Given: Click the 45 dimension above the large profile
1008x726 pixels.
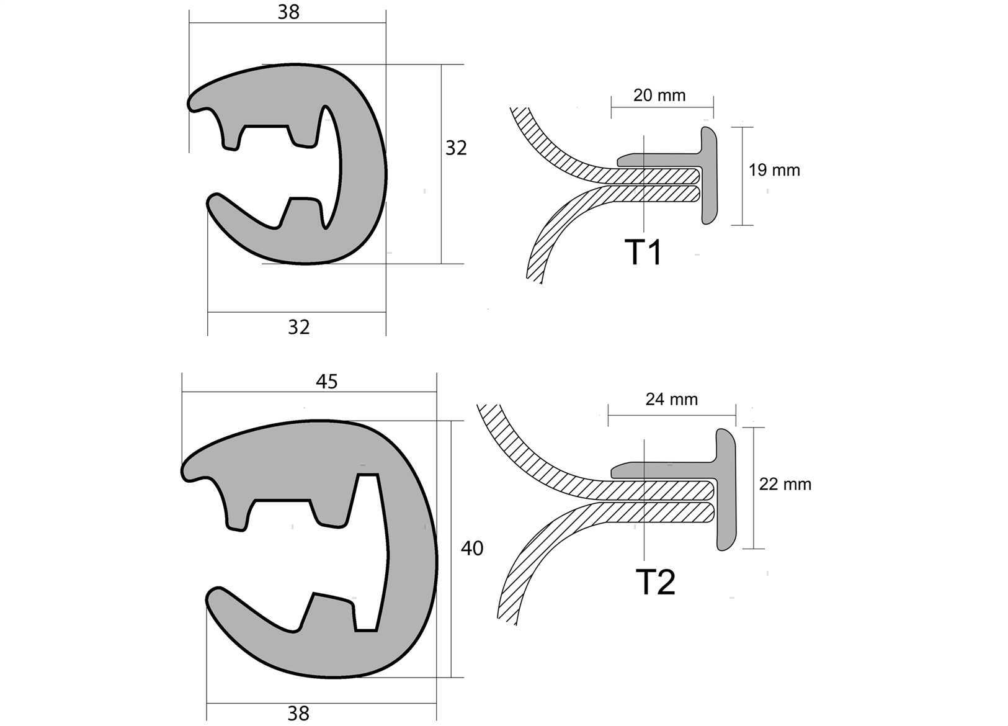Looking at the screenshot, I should tap(326, 382).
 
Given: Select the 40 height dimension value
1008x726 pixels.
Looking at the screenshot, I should tap(471, 549).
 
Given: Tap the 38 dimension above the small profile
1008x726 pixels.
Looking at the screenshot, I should tap(288, 12).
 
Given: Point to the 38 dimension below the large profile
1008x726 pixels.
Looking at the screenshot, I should tap(298, 714).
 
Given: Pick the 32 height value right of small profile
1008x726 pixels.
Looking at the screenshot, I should tap(456, 148).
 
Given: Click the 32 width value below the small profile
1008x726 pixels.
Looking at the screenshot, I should tap(298, 327).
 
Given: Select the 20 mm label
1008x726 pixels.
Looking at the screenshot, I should tap(659, 96).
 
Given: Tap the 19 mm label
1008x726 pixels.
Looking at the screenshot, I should tap(774, 170).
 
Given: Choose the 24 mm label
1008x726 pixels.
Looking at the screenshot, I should tap(672, 399).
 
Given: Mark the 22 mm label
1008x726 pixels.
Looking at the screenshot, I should tap(785, 484).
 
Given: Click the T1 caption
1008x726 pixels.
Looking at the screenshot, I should tap(643, 253).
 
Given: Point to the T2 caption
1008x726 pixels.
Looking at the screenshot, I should tap(656, 582).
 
